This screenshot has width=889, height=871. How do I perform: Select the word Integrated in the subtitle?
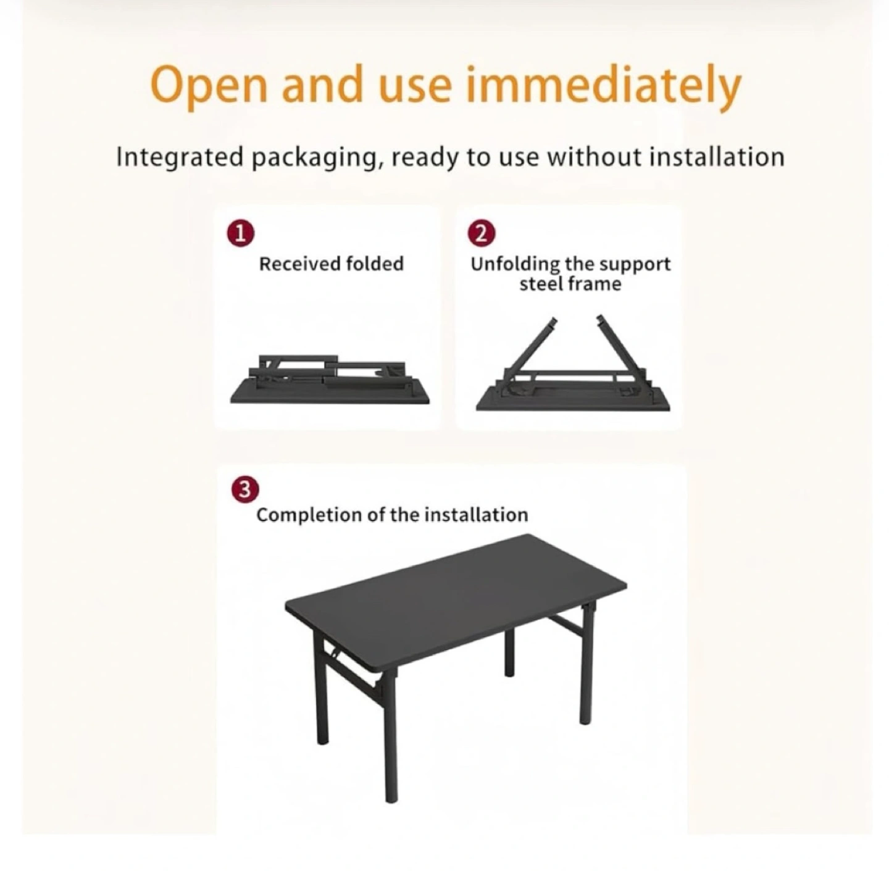180,158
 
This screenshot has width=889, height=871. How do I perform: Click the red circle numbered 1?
240,234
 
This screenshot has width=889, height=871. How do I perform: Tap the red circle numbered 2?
482,234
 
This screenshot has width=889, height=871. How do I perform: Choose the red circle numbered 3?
245,490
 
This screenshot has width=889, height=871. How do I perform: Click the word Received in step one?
299,264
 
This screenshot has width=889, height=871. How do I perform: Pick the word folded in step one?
375,264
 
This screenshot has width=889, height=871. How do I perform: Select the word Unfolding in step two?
514,265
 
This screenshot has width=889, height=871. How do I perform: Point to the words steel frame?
570,284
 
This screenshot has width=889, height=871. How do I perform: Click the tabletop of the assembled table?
456,600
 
